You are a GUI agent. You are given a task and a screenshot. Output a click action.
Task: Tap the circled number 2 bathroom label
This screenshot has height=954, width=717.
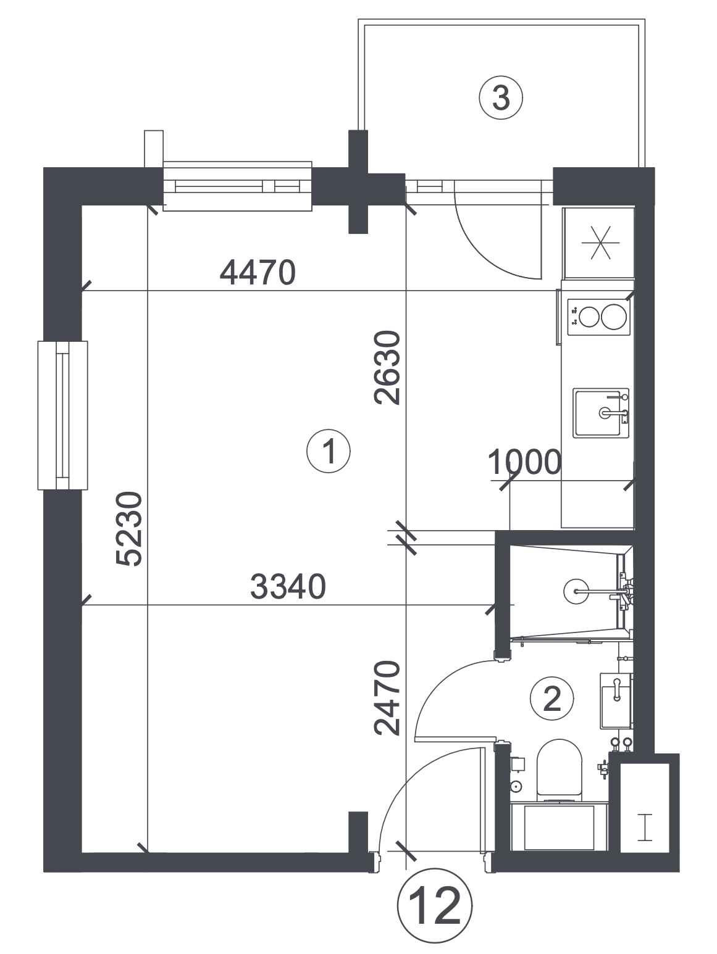click(x=551, y=699)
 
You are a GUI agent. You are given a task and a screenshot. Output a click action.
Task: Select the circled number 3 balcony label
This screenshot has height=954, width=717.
click(x=501, y=98)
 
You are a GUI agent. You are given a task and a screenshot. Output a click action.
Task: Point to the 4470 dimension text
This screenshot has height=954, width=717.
click(x=258, y=273)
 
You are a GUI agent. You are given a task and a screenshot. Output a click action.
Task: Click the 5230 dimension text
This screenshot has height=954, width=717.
click(x=129, y=528)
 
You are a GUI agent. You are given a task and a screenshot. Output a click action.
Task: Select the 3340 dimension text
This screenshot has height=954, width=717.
click(x=288, y=586)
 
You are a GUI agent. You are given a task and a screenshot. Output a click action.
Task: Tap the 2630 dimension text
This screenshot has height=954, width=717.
click(x=387, y=368)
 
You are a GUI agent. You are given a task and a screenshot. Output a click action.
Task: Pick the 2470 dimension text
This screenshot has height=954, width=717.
click(x=387, y=698)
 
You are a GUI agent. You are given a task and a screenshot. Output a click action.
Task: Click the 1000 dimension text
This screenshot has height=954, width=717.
click(x=524, y=462)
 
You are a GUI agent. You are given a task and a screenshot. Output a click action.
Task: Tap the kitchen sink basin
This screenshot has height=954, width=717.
click(x=600, y=413)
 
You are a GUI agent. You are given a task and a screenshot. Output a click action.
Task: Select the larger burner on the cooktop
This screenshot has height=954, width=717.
click(x=613, y=317)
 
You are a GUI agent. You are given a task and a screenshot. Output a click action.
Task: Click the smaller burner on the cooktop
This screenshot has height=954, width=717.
click(x=589, y=317)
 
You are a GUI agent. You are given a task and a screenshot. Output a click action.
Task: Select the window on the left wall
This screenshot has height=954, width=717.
click(x=62, y=415)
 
